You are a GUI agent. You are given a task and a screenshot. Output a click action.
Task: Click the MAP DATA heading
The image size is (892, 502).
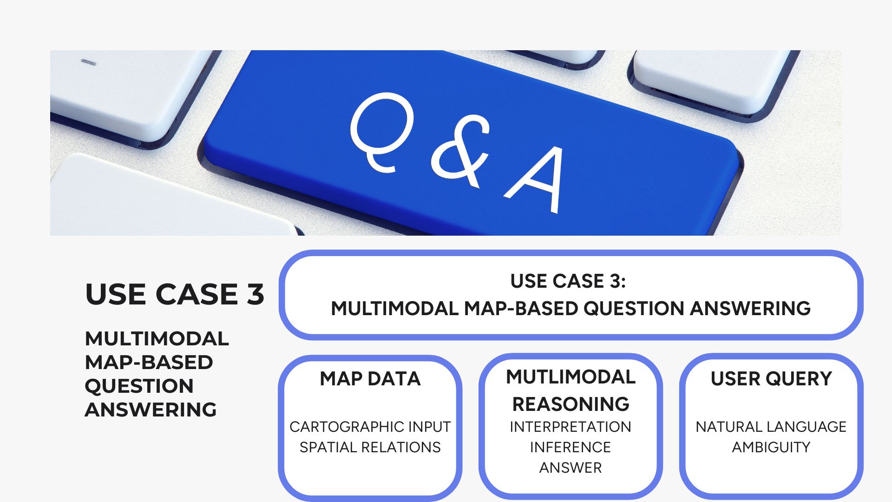370,379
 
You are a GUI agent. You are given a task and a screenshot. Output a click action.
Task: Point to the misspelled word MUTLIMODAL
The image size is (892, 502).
571,377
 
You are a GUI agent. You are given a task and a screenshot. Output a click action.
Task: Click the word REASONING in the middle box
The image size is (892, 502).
571,404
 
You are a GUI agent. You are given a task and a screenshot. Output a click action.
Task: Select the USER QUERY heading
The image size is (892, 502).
771,379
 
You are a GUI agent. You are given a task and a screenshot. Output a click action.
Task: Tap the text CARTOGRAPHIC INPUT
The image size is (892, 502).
370,427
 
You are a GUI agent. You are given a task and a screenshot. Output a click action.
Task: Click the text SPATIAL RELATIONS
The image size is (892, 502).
370,447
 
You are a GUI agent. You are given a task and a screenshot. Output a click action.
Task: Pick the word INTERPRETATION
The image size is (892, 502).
571,427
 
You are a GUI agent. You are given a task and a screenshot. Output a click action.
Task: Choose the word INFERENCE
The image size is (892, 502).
571,447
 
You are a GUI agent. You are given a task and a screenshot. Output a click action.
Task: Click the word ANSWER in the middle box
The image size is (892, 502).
571,468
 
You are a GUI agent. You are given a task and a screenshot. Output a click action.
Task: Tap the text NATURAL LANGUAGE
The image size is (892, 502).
771,427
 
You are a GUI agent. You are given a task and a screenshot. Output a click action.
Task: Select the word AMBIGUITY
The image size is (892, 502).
771,447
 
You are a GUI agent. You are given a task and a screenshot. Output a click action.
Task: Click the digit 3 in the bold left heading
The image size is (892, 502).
255,294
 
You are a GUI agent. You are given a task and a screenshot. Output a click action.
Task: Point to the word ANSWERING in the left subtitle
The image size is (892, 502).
151,410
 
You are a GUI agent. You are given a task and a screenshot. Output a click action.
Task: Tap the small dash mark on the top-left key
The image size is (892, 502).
88,62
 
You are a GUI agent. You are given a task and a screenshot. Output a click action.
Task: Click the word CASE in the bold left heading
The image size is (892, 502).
197,294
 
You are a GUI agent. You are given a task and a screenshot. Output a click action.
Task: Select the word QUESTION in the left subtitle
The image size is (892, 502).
139,386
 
